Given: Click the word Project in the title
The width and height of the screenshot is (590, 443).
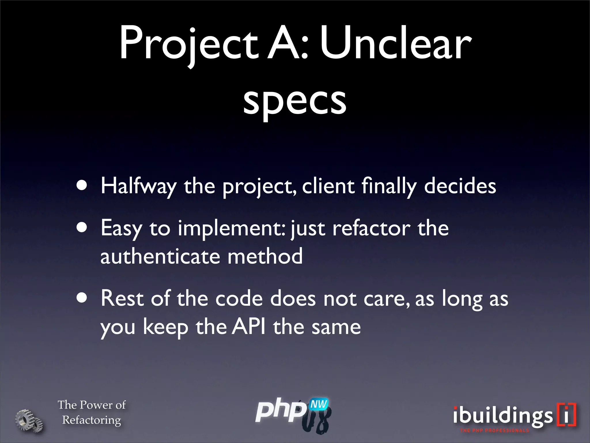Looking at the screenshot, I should [189, 43].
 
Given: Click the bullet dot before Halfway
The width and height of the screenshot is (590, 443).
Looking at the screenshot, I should [82, 186].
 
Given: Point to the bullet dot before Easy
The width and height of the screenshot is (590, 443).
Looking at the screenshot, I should [82, 228].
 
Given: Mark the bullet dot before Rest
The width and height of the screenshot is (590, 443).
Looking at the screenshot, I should [82, 298].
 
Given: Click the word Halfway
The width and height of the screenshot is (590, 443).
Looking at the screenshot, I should [138, 186].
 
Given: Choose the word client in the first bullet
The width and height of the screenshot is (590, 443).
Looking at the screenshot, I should [328, 186].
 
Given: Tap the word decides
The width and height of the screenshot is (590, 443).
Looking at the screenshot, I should [460, 186].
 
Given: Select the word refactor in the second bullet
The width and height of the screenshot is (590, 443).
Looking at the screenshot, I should [371, 228].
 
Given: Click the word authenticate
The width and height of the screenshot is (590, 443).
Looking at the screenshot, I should [160, 256].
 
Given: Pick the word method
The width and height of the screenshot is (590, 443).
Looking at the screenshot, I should [265, 256].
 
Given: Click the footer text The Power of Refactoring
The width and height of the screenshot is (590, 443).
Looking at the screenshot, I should [92, 412].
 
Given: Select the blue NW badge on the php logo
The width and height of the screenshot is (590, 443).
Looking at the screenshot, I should [319, 404].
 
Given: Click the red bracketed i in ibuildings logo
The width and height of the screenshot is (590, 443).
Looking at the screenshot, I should [566, 414].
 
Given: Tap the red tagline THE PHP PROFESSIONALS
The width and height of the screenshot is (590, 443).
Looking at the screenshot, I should [494, 430].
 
